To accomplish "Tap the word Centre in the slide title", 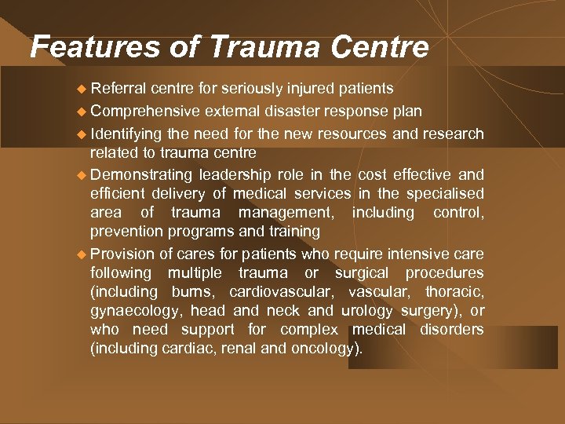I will coord(380,48).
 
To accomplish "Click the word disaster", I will coord(293,111).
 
